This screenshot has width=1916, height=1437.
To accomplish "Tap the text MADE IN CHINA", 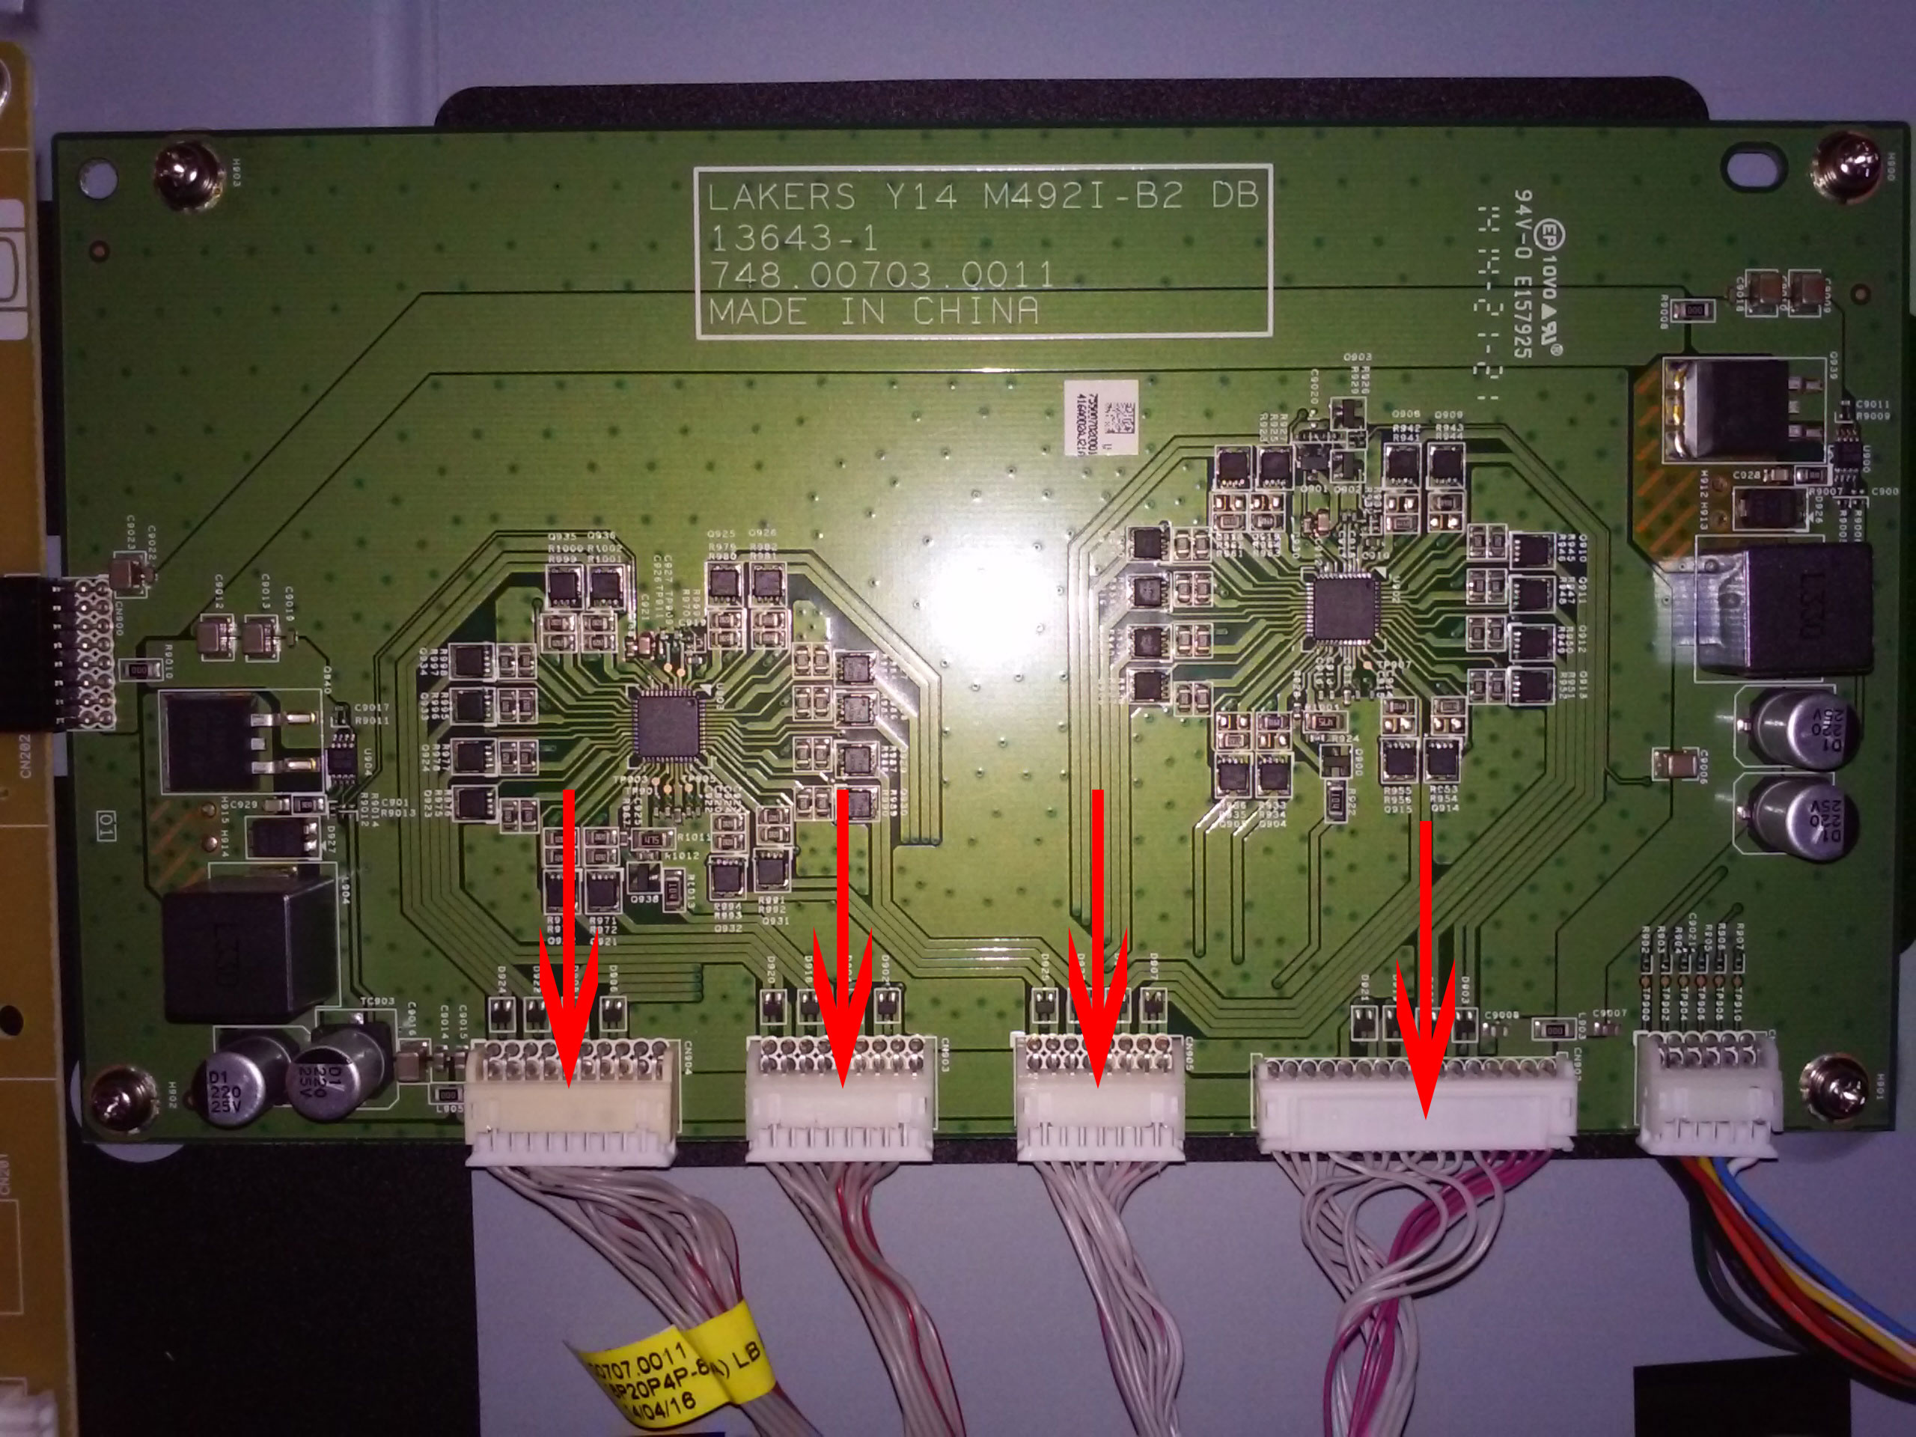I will (873, 311).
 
